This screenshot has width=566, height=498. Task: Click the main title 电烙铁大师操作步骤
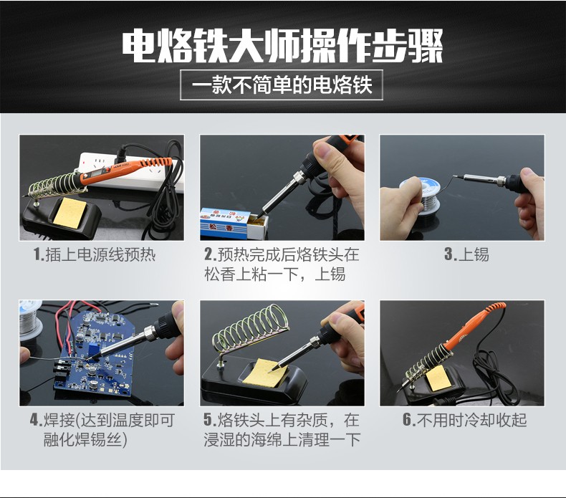pyautogui.click(x=282, y=47)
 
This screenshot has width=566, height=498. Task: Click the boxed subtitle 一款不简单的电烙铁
pyautogui.click(x=282, y=85)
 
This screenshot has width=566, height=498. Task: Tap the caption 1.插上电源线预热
pyautogui.click(x=95, y=254)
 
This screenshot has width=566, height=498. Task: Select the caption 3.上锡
pyautogui.click(x=466, y=254)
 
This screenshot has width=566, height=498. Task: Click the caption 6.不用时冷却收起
pyautogui.click(x=464, y=420)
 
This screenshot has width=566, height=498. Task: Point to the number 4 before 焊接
pyautogui.click(x=34, y=420)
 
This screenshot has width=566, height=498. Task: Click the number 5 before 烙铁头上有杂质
pyautogui.click(x=208, y=420)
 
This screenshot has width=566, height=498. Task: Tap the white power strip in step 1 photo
pyautogui.click(x=126, y=171)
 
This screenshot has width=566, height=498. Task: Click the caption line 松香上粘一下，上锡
pyautogui.click(x=274, y=274)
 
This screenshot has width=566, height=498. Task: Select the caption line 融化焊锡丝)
pyautogui.click(x=85, y=439)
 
